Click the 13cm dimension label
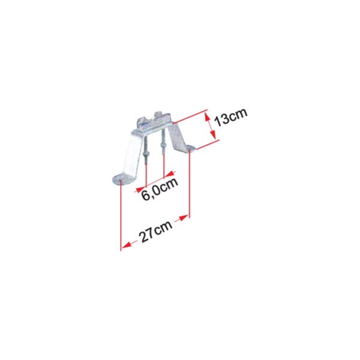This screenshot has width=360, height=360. [230, 117]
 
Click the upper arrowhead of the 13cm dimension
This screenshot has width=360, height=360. [208, 118]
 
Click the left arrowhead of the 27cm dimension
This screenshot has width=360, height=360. [126, 245]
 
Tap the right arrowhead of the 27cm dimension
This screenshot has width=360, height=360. [184, 218]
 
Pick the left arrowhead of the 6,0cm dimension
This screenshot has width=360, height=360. [139, 190]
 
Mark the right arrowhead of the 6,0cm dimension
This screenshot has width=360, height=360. [170, 174]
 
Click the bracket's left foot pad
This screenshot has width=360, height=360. [121, 178]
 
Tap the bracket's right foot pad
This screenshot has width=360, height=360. [190, 148]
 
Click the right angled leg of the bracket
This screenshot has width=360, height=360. [176, 135]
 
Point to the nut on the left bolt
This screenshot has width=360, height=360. [146, 153]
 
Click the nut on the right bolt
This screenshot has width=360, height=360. [163, 146]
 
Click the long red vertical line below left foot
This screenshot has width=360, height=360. [121, 215]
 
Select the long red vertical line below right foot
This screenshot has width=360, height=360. [190, 184]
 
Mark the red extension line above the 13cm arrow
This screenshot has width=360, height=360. [190, 116]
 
